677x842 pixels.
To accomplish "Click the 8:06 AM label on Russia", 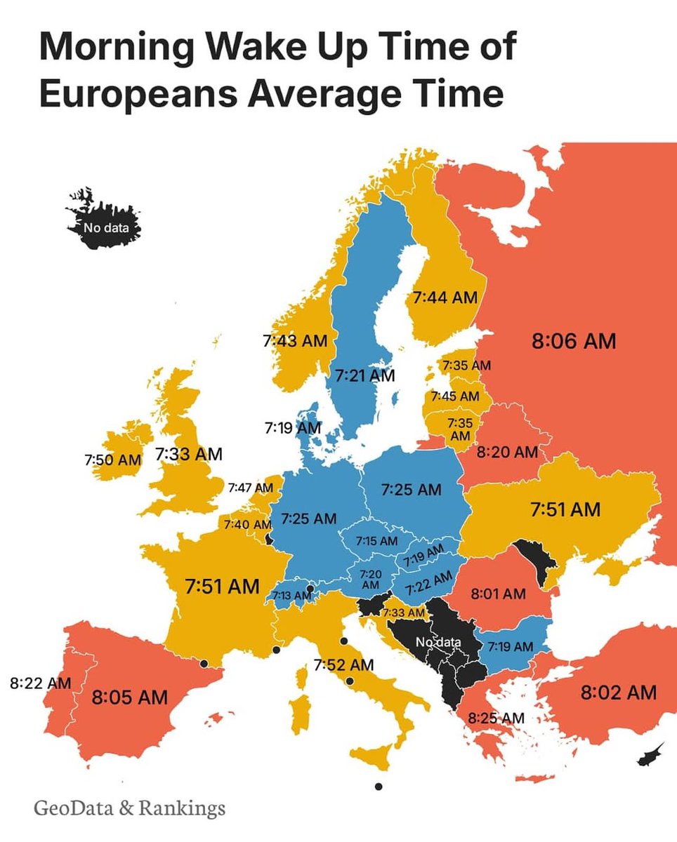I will coord(574,342).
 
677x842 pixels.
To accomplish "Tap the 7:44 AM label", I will coord(445,298).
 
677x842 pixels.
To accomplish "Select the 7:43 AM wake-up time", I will coord(295,342).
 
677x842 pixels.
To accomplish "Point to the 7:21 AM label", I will coord(364,375).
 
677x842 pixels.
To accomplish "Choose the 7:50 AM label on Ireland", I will coord(112,460).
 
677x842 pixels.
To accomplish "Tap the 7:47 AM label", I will coord(250,487).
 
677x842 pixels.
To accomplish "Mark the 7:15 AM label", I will coord(376,541).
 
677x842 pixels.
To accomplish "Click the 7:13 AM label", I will coord(291,596).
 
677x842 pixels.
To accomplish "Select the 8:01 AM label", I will coord(498,594).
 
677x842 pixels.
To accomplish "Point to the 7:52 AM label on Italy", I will coord(344,664).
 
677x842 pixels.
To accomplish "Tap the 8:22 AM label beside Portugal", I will coord(41,682).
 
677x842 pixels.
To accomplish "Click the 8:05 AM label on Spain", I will coord(130,697).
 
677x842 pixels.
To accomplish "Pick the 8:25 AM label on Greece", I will coord(496,718).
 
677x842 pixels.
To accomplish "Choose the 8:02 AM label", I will coord(619,693).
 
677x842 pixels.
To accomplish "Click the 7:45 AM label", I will coord(455,396).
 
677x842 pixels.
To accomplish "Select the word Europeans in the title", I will coord(131,93).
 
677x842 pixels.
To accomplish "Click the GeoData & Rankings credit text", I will coord(130,808).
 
